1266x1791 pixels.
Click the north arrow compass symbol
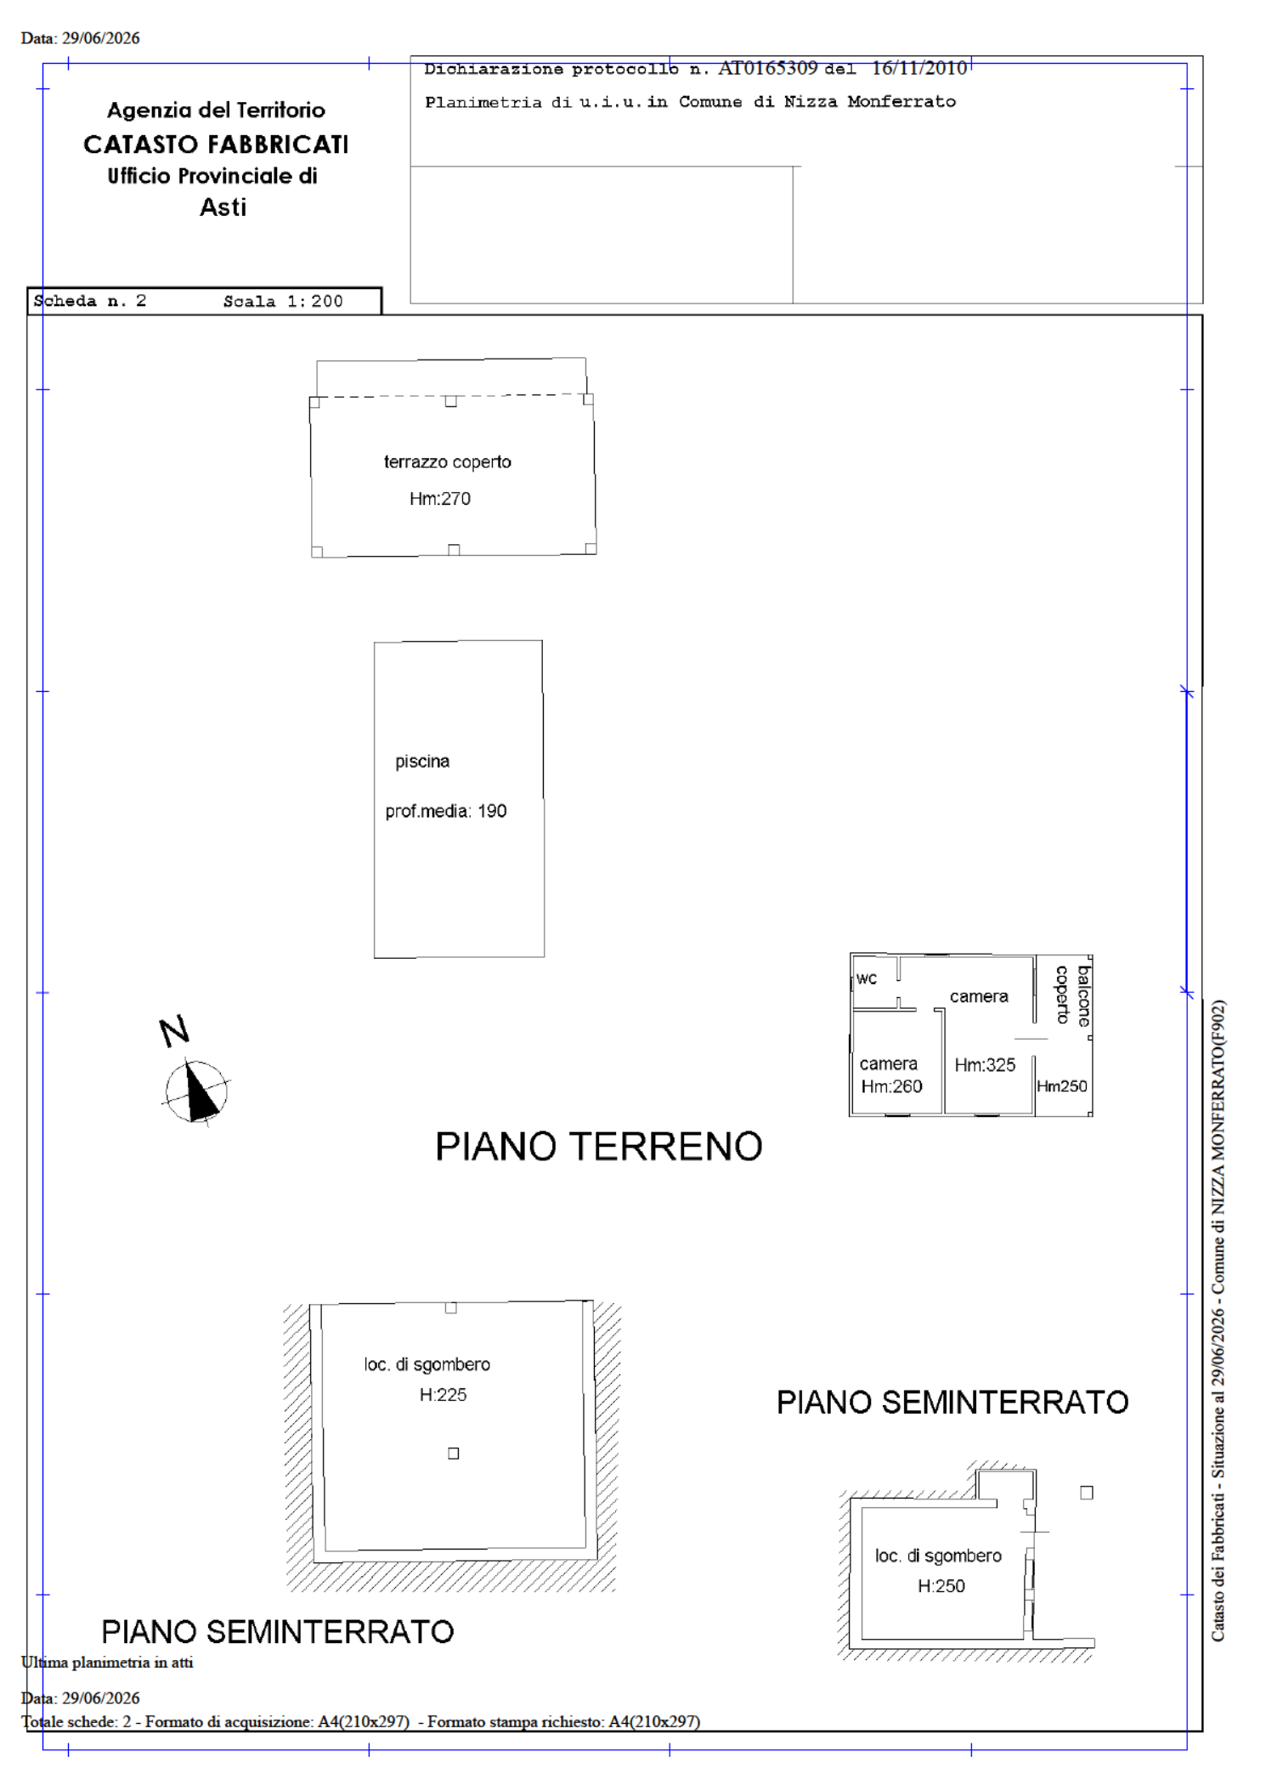pos(196,1091)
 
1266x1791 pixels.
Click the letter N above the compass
pos(174,1031)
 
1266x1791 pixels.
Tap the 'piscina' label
pos(422,762)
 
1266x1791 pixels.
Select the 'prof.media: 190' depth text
pos(446,811)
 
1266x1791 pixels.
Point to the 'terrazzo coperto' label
pos(448,462)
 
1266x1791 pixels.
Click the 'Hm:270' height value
pos(440,498)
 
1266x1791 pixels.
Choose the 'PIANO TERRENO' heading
pos(599,1146)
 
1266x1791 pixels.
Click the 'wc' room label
pos(867,978)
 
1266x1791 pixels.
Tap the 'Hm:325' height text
pos(985,1064)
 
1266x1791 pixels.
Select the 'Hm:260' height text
pos(891,1086)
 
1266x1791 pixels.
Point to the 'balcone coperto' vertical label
pos(1073,995)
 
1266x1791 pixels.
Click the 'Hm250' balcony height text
pos(1062,1086)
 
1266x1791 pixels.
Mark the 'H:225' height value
pos(443,1394)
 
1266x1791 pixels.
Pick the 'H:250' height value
pos(941,1585)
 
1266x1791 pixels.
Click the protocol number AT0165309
pos(768,68)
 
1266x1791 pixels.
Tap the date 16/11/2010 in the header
pos(919,68)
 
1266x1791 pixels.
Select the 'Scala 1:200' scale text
pos(283,301)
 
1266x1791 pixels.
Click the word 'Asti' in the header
pos(223,207)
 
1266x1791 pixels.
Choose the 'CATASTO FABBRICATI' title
pos(216,145)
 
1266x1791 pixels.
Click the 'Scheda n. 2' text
pos(90,301)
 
